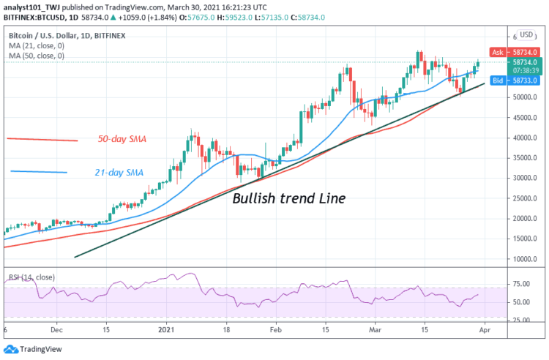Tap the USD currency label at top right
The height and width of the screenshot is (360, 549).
[x=526, y=34]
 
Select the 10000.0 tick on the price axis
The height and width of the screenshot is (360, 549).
[x=525, y=259]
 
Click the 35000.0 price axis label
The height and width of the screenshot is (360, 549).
[x=525, y=158]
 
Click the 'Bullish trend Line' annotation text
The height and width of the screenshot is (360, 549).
[x=289, y=198]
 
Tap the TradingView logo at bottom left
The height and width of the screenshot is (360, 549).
[x=33, y=349]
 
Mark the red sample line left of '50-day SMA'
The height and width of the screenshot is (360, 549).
[x=42, y=139]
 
